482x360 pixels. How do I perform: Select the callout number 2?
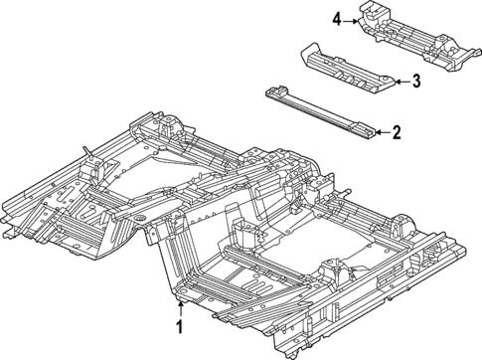click(x=397, y=131)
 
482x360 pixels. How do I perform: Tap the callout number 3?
click(x=417, y=83)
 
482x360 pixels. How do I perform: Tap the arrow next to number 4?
click(x=355, y=19)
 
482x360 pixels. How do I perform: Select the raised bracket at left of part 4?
click(x=377, y=15)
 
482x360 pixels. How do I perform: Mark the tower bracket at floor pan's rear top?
click(x=168, y=123)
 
